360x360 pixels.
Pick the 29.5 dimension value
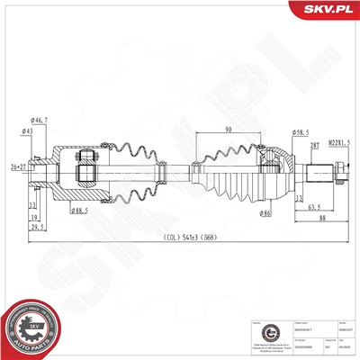36,228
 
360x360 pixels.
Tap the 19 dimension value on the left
33,217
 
